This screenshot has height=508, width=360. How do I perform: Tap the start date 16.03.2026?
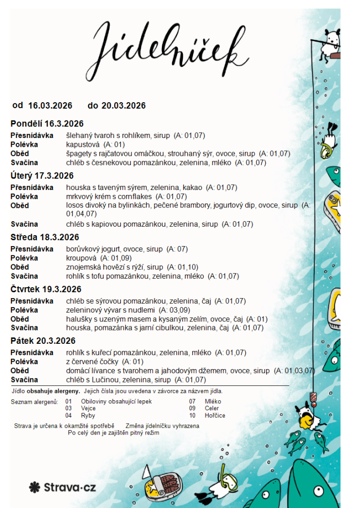pyautogui.click(x=50, y=106)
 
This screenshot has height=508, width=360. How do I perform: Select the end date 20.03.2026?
pyautogui.click(x=123, y=106)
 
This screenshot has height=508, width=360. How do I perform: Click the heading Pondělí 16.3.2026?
pyautogui.click(x=47, y=124)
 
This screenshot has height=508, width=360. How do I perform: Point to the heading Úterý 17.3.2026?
pyautogui.click(x=42, y=176)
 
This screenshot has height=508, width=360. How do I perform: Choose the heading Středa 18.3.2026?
pyautogui.click(x=45, y=237)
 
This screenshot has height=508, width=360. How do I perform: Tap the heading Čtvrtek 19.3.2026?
pyautogui.click(x=46, y=289)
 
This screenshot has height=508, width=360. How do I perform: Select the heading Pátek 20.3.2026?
pyautogui.click(x=43, y=341)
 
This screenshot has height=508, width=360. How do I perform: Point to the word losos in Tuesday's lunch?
pyautogui.click(x=75, y=205)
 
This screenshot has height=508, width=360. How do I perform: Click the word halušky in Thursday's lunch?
pyautogui.click(x=79, y=319)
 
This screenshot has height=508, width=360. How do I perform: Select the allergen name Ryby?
pyautogui.click(x=88, y=416)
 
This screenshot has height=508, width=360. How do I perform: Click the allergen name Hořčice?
pyautogui.click(x=215, y=416)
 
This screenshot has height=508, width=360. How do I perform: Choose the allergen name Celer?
pyautogui.click(x=212, y=408)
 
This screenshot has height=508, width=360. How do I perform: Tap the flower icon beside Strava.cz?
pyautogui.click(x=34, y=487)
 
